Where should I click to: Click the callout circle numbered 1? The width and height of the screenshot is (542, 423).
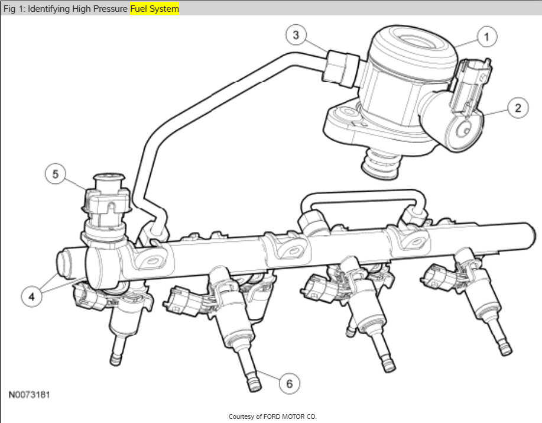point(486,37)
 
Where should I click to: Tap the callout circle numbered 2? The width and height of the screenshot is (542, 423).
point(517,108)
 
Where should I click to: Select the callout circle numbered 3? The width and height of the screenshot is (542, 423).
point(296,34)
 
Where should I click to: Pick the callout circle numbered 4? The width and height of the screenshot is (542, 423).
point(31,296)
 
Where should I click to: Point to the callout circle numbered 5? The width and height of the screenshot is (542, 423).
point(56,174)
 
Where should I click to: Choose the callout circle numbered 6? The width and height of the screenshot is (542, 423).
point(289,383)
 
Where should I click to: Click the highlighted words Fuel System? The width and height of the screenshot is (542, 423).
point(154,9)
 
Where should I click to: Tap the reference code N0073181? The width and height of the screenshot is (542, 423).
point(30,395)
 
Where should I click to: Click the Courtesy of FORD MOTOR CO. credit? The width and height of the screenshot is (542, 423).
point(272,416)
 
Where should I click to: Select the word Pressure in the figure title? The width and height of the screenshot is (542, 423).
point(110,9)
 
